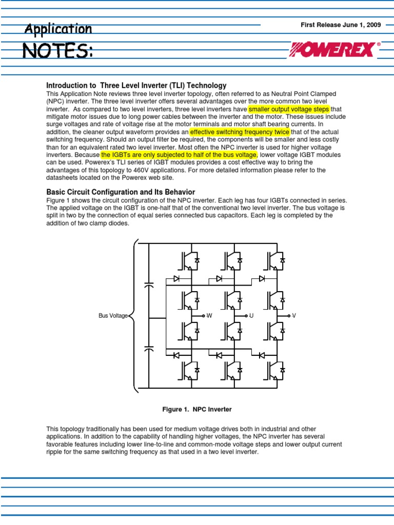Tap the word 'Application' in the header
tap(58, 29)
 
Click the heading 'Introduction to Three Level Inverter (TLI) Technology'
tap(136, 85)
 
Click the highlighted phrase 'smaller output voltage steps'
tap(289, 109)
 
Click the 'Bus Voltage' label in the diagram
tap(113, 316)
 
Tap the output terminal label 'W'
tap(209, 316)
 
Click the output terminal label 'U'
tap(251, 316)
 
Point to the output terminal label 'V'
tap(294, 316)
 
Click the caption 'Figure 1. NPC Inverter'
tap(197, 409)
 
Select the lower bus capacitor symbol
tap(149, 349)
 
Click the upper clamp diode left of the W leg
tap(176, 279)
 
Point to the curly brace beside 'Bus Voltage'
tap(134, 316)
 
